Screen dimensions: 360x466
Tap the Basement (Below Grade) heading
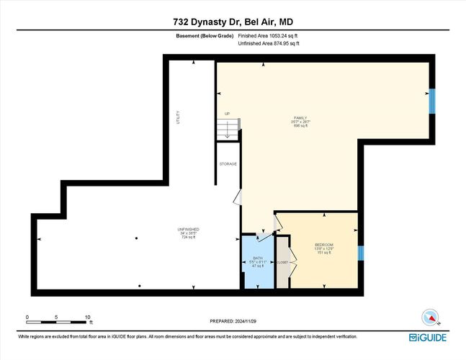[x=204, y=36]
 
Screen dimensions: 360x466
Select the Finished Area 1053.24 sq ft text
[x=268, y=36]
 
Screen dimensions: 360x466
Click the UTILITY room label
[x=179, y=118]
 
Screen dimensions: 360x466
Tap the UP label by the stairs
[x=227, y=114]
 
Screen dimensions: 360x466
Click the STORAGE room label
[x=228, y=164]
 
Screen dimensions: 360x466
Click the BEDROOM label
[x=323, y=248]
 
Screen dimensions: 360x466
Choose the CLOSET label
[x=282, y=262]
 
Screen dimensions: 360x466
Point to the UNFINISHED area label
[x=188, y=233]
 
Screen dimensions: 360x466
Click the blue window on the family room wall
[x=431, y=102]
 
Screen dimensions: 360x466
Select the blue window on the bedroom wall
[x=362, y=253]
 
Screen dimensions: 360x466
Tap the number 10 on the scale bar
[x=88, y=317]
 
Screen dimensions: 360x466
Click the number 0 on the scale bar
[x=27, y=317]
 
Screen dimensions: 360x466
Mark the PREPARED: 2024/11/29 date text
[x=233, y=321]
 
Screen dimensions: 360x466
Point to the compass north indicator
[x=429, y=317]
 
